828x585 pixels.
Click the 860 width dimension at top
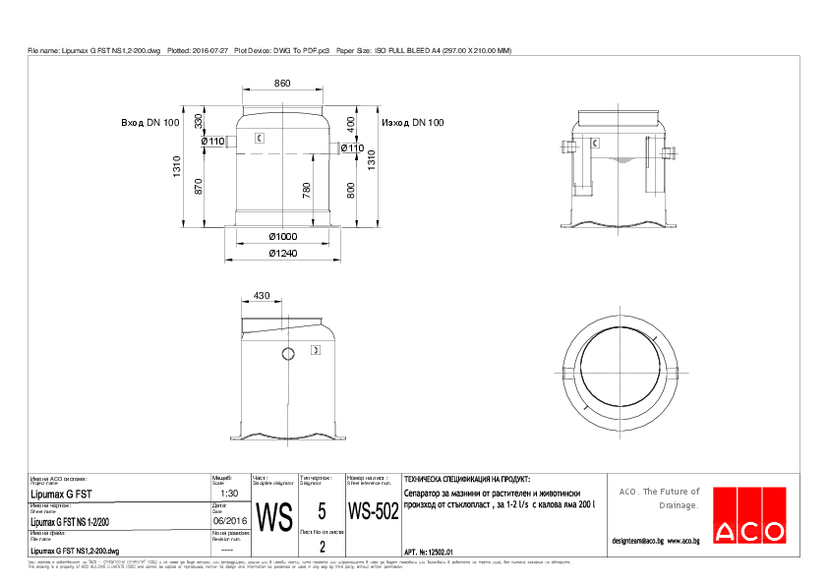point(282,85)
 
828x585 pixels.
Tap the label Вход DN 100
point(150,123)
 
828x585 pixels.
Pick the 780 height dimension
point(307,189)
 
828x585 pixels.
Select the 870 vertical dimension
point(199,187)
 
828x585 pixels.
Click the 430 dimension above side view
point(262,295)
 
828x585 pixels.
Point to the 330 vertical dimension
point(199,121)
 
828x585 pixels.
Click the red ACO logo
point(749,514)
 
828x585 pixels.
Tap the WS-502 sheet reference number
point(373,512)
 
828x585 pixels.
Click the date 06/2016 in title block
point(230,522)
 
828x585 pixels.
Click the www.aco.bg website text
point(682,541)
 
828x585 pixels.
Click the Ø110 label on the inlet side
point(213,142)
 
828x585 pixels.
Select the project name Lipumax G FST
point(63,495)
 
